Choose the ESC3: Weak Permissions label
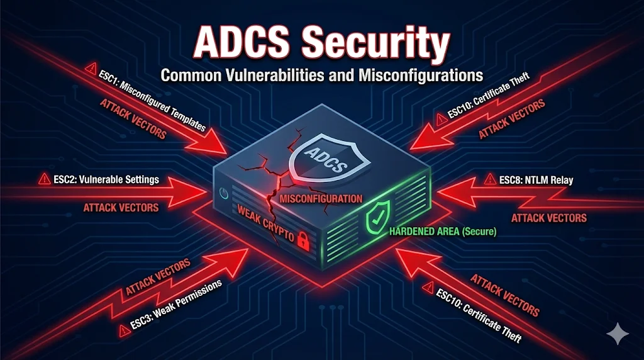[177, 302]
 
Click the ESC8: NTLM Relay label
[536, 180]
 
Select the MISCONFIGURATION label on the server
[321, 199]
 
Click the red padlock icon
[303, 240]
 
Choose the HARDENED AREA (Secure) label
[443, 232]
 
